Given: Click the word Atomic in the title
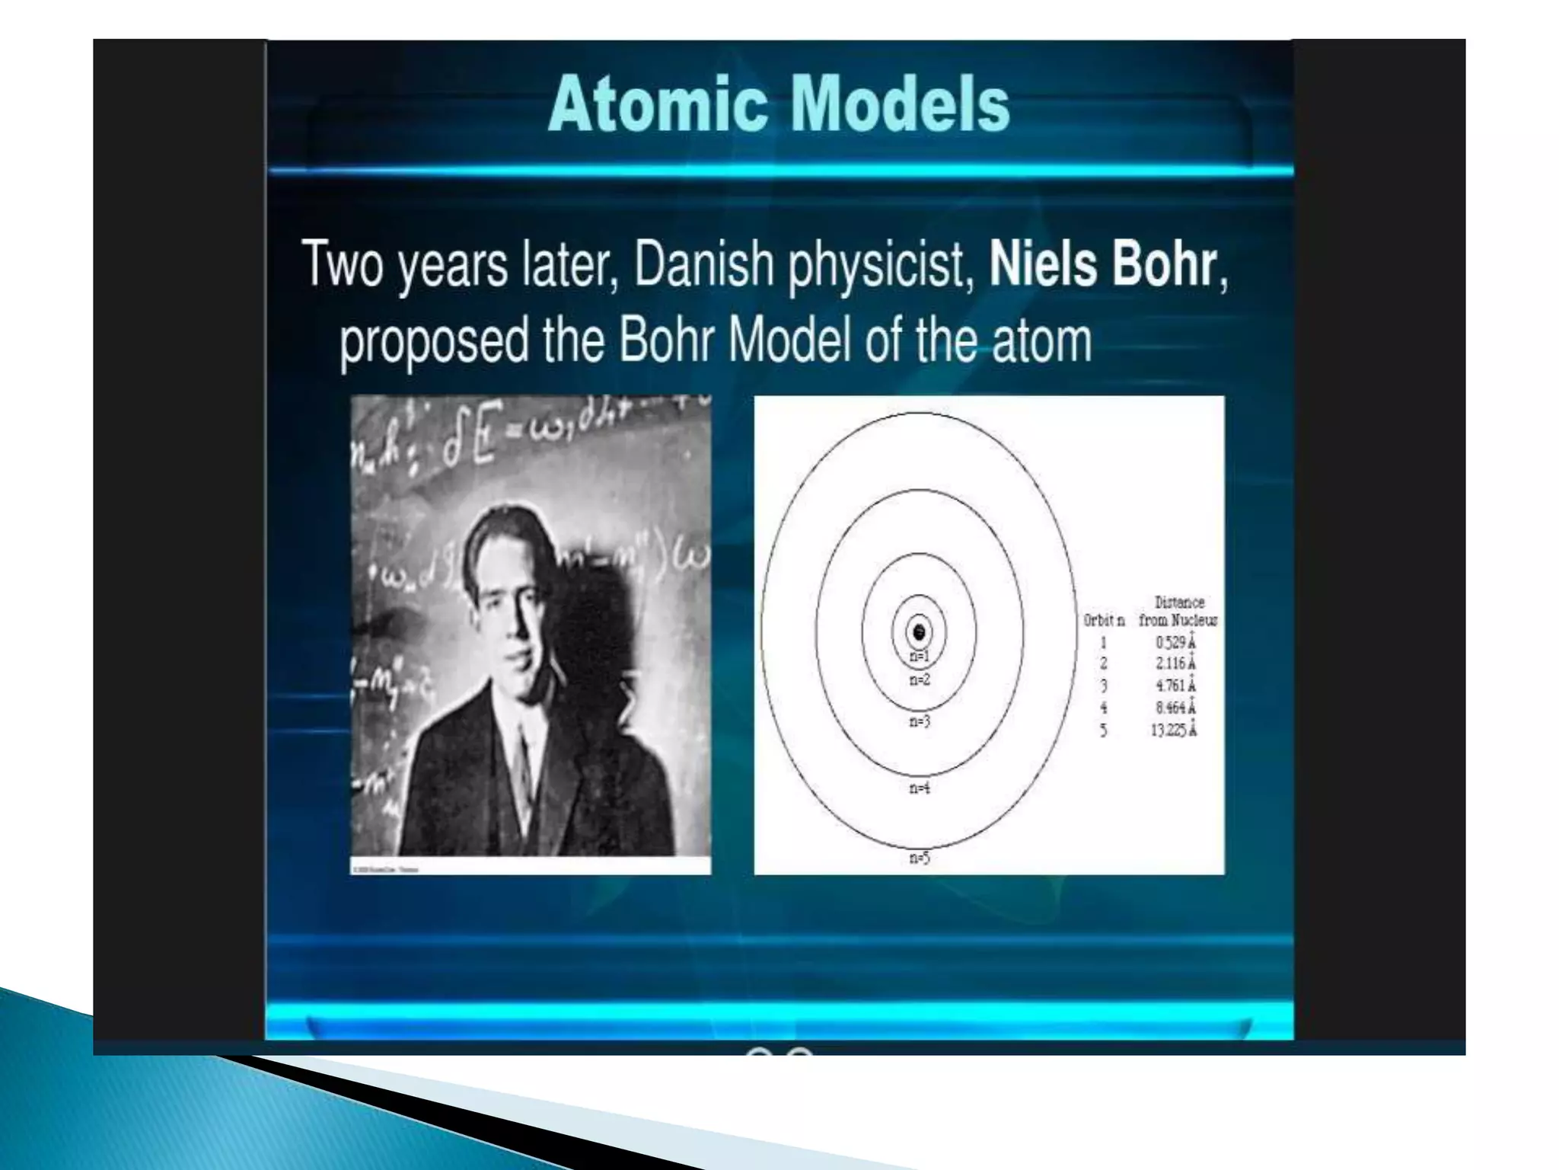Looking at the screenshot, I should click(657, 105).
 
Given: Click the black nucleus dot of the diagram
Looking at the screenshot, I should click(919, 632).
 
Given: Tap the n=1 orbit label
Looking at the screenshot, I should click(920, 656).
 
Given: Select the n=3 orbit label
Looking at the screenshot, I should click(920, 721).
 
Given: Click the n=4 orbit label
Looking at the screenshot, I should click(920, 788).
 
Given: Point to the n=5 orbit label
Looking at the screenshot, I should click(920, 858).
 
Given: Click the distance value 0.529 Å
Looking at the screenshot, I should click(1175, 642).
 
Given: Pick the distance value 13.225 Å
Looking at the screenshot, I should click(1173, 730).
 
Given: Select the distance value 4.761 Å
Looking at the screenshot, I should click(1175, 686).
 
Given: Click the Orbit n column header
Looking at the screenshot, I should click(1104, 621).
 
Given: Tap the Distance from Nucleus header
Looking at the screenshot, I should click(1178, 612).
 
